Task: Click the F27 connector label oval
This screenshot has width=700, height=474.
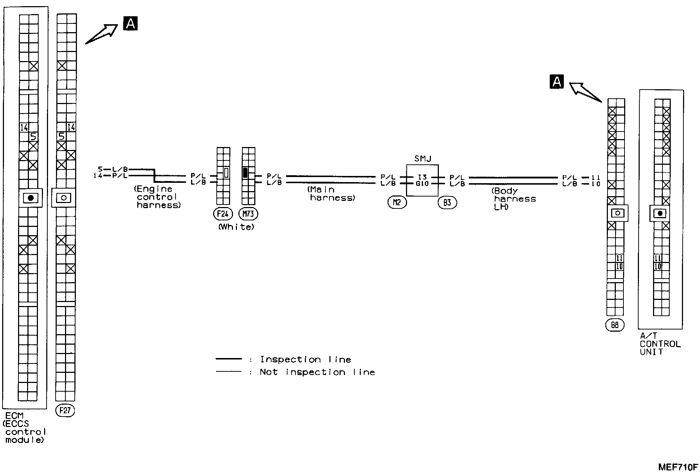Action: [65, 411]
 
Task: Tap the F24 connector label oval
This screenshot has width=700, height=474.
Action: [222, 214]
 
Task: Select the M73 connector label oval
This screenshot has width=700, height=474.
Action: [248, 214]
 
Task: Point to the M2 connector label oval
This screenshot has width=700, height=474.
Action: [397, 203]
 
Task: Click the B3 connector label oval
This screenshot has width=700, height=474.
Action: [447, 203]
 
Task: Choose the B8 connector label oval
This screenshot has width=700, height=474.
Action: [614, 325]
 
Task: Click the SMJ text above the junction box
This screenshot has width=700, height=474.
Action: [423, 159]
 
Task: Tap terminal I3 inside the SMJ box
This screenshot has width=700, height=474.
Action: [422, 177]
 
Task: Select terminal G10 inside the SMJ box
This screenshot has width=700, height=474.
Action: [422, 184]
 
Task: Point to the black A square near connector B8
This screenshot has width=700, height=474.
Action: [557, 82]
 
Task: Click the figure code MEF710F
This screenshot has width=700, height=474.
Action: [678, 467]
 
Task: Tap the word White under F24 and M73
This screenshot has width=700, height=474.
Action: [236, 227]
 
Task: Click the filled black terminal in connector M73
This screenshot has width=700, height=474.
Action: [245, 173]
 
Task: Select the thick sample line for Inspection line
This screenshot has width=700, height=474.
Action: [229, 359]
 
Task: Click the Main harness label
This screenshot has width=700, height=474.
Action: [332, 194]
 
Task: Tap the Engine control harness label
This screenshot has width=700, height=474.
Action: [157, 197]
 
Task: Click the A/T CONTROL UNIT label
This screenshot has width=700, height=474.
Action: [660, 344]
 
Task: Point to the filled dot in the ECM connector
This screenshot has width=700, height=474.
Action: [31, 198]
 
